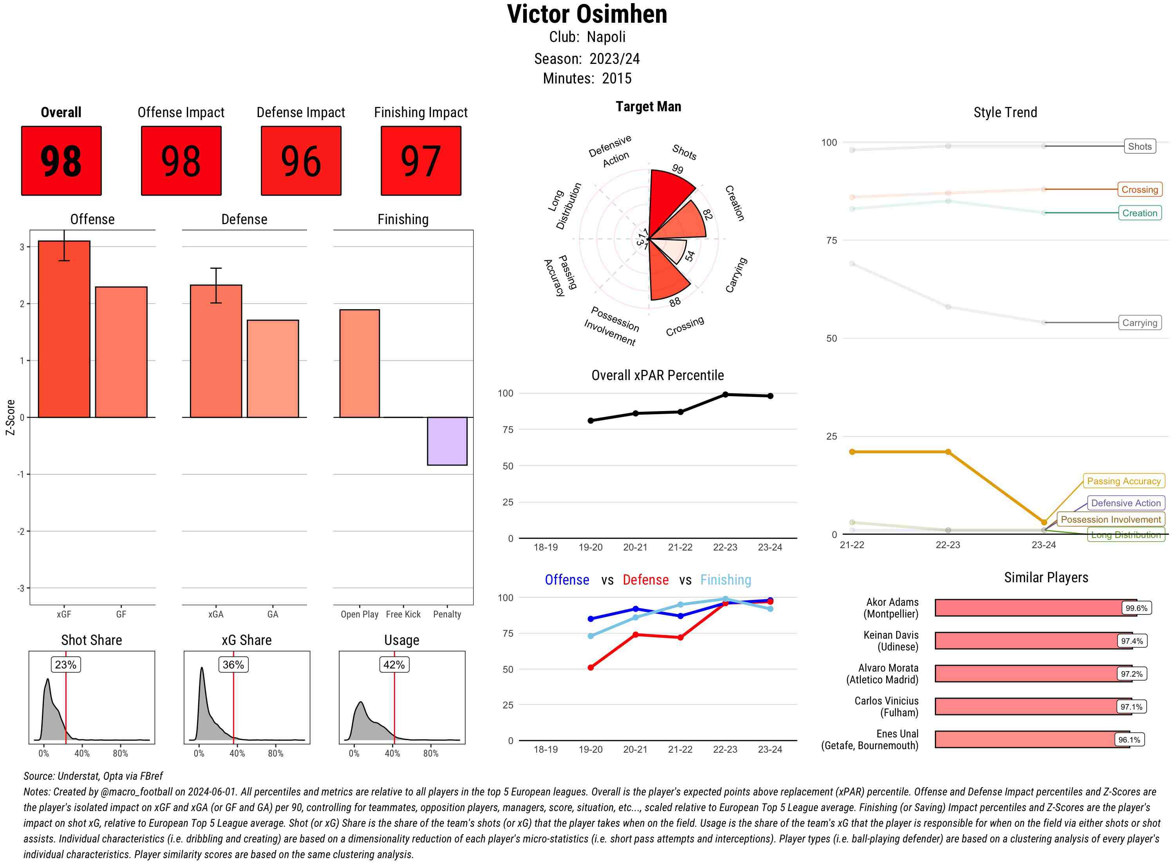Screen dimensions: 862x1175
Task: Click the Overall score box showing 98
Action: [x=61, y=161]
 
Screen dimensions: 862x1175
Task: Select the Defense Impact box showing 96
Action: [x=301, y=161]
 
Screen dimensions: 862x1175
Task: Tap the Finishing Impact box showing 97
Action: [x=421, y=161]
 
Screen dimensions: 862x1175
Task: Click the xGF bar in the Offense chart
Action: [x=64, y=329]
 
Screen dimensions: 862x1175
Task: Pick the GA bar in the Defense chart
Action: [x=273, y=368]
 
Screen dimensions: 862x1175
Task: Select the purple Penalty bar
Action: [x=447, y=441]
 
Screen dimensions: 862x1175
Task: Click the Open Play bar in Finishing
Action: [x=359, y=363]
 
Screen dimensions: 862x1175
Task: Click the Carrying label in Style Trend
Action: [x=1139, y=323]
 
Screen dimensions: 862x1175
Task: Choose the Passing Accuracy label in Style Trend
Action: [x=1123, y=481]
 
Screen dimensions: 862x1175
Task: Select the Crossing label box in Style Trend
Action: [x=1139, y=189]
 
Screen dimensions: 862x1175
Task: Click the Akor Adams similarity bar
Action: [x=1035, y=608]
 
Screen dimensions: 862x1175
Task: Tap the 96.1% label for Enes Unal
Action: [x=1129, y=740]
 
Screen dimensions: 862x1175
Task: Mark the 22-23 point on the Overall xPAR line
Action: [x=725, y=395]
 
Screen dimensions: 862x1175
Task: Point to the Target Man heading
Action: [x=648, y=107]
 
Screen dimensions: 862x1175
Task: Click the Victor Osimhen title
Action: [x=587, y=14]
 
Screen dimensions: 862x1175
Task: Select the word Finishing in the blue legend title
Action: [x=725, y=580]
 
